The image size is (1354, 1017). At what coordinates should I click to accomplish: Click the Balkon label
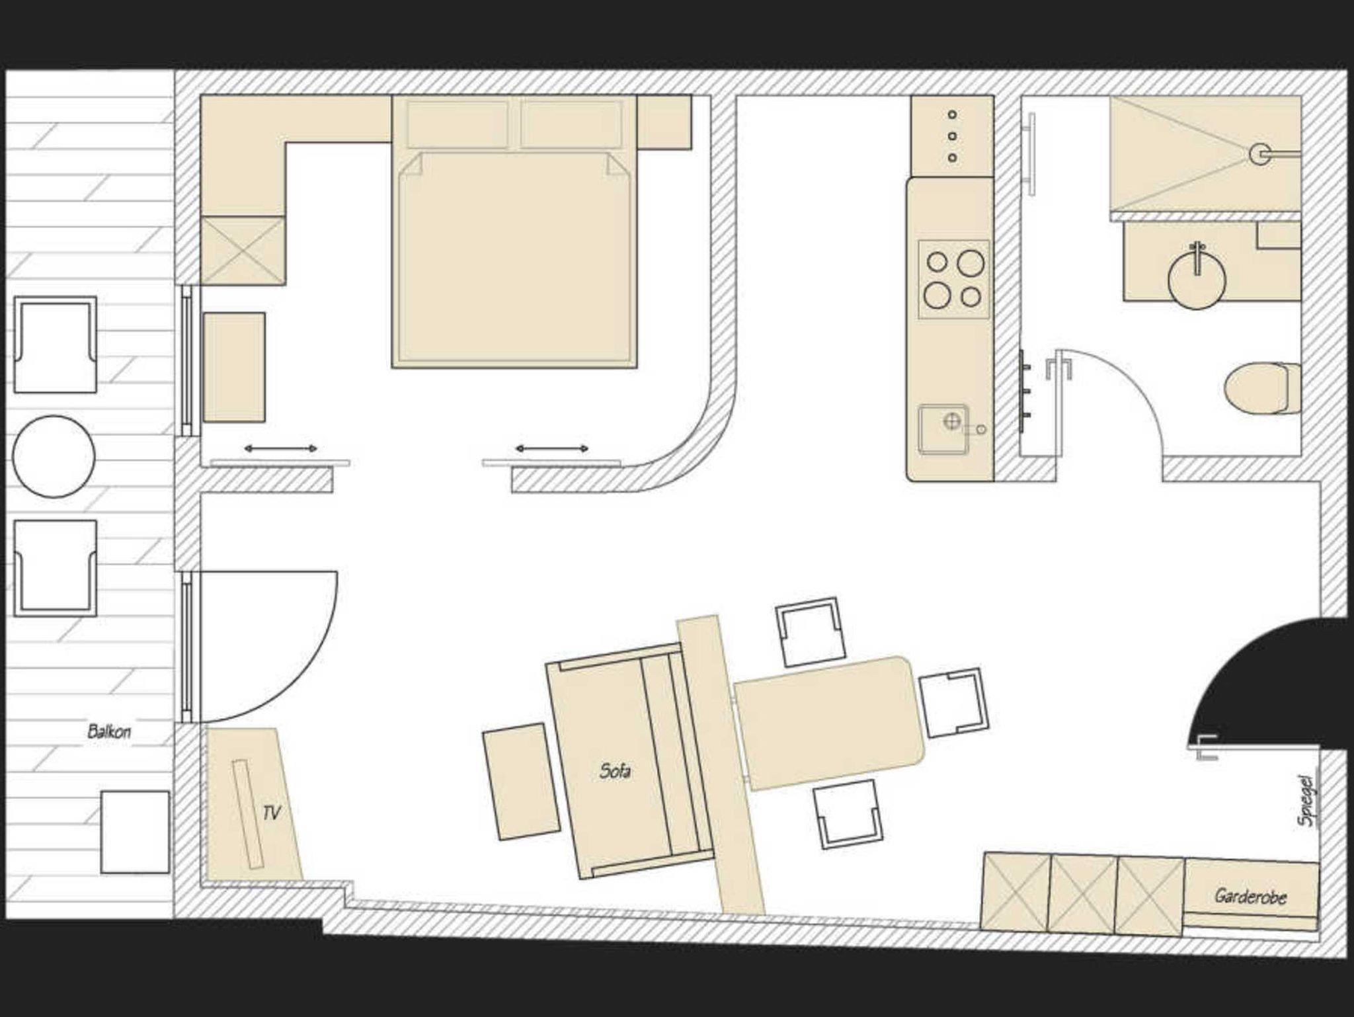click(x=109, y=731)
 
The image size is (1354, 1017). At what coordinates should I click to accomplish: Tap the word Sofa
click(x=615, y=770)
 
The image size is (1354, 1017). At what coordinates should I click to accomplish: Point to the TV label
click(x=271, y=813)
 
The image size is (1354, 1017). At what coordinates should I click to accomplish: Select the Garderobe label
click(x=1250, y=897)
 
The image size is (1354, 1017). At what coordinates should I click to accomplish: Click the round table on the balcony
click(x=54, y=456)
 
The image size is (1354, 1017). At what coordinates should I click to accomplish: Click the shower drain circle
click(x=1259, y=154)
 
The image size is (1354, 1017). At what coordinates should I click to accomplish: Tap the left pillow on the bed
click(x=458, y=124)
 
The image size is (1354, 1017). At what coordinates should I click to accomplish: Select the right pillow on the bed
click(x=571, y=124)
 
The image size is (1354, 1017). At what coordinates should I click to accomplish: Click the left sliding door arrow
click(x=280, y=448)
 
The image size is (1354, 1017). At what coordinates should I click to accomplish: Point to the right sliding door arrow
click(x=552, y=448)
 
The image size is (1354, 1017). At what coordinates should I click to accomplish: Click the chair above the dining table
click(x=811, y=632)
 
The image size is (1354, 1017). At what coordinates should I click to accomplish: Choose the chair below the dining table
click(x=848, y=813)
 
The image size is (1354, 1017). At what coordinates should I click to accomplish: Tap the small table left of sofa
click(x=522, y=782)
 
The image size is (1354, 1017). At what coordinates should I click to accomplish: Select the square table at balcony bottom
click(x=135, y=832)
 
